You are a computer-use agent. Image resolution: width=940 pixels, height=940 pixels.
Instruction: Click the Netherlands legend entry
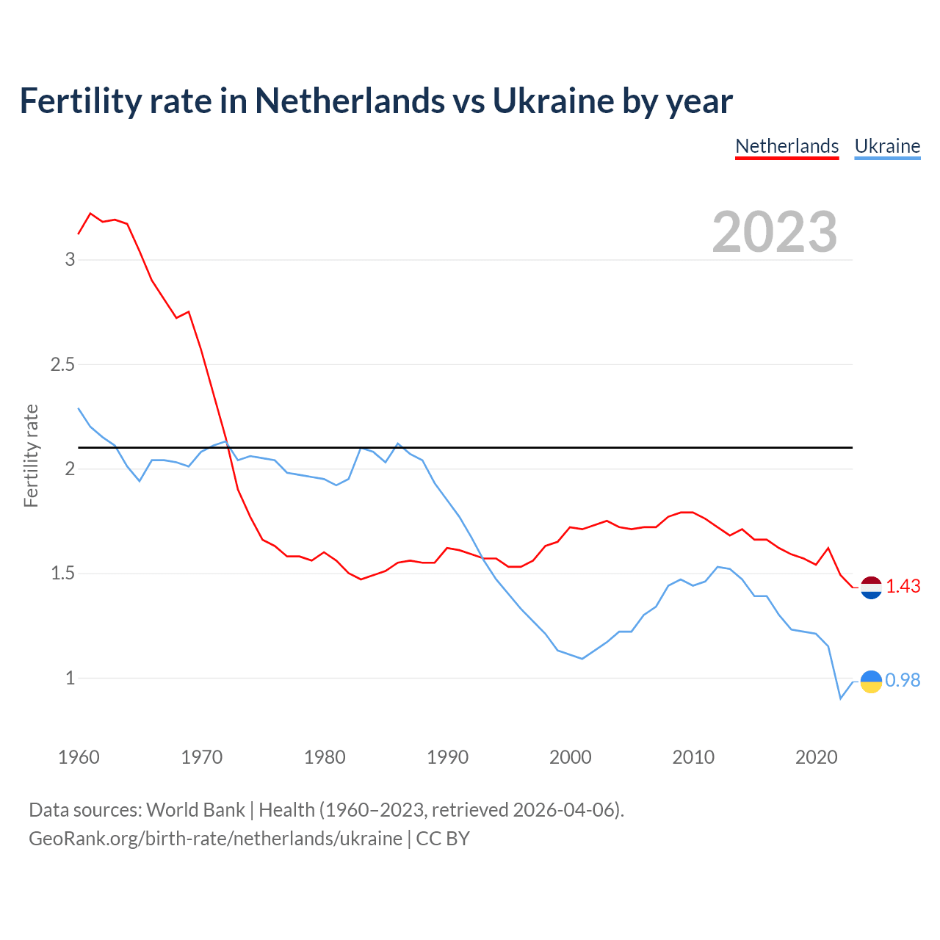[x=787, y=146]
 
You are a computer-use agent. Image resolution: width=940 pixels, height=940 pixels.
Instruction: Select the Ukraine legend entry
[x=887, y=146]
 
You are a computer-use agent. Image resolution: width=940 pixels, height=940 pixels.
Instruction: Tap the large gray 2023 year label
[x=775, y=232]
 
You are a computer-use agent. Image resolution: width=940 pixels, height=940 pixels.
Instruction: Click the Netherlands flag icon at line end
[x=871, y=587]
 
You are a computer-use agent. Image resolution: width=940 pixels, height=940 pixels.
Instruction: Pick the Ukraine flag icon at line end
[x=871, y=681]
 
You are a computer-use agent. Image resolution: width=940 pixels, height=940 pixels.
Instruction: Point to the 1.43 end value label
[x=903, y=586]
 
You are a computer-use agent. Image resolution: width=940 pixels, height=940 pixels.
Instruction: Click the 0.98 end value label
[x=903, y=681]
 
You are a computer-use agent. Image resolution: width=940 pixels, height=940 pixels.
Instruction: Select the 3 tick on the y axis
[x=70, y=259]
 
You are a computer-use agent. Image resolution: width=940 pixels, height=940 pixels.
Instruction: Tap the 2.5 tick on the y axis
[x=63, y=364]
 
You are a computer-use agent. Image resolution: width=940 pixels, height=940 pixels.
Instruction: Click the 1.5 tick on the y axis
[x=63, y=574]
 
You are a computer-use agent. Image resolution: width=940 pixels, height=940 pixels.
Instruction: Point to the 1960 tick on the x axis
[x=79, y=757]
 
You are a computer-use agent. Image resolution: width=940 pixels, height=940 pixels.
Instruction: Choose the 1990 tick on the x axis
[x=447, y=757]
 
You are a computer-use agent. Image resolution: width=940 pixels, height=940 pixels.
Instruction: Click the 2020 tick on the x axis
[x=816, y=757]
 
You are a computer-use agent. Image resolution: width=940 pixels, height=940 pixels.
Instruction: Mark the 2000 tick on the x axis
[x=571, y=757]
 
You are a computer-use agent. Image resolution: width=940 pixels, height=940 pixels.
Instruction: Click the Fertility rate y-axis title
[x=31, y=455]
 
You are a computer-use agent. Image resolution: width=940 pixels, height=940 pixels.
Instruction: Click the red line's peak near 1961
[x=90, y=213]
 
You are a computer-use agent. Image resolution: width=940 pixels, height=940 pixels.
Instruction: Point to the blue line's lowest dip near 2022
[x=840, y=698]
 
